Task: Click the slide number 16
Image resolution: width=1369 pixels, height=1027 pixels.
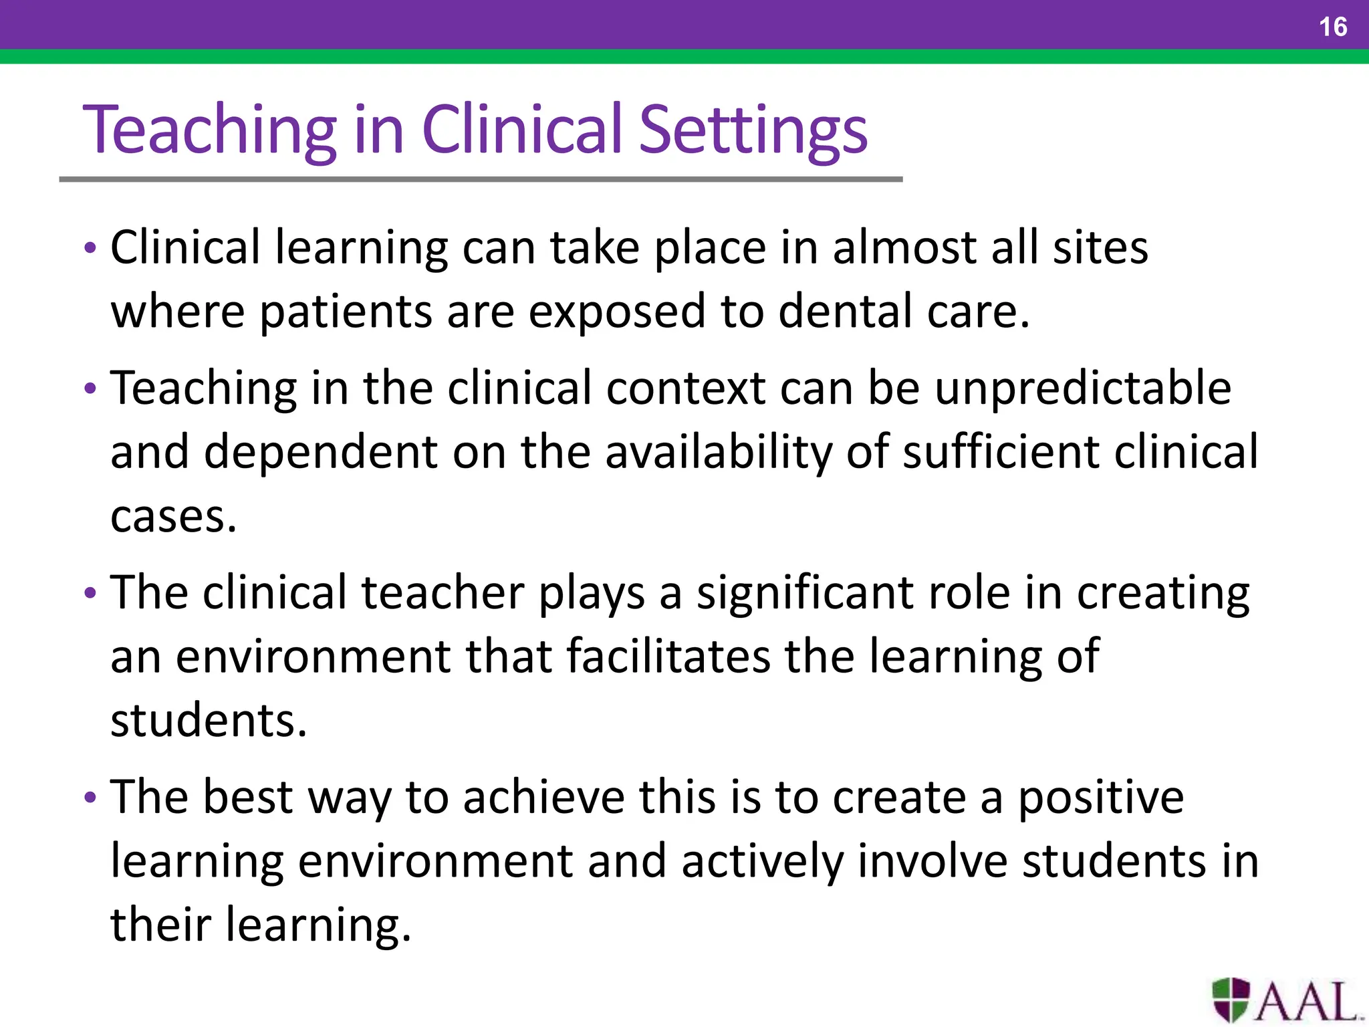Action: click(1332, 27)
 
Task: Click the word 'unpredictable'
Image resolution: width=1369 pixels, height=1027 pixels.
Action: click(1082, 389)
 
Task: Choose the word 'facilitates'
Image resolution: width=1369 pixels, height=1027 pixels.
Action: click(668, 657)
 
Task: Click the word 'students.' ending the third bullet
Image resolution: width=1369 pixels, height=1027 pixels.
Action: click(209, 721)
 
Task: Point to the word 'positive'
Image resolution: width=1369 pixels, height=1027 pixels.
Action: click(1100, 798)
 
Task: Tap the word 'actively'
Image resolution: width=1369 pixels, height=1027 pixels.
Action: click(763, 863)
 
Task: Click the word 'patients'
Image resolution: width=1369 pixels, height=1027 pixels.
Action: click(346, 312)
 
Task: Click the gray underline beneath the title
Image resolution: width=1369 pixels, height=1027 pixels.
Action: click(481, 179)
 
